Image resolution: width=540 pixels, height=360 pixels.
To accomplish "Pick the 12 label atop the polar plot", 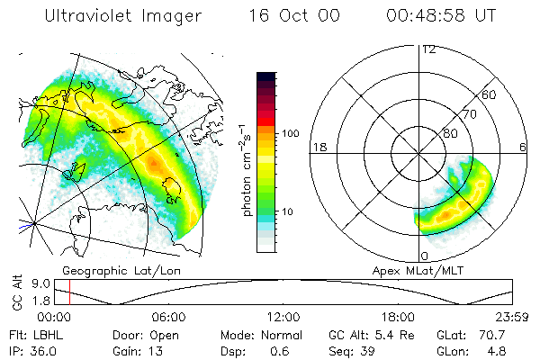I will coord(428,50).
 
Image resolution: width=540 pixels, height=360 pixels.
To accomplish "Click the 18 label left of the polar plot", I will coord(318,147).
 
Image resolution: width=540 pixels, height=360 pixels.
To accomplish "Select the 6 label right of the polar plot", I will coord(523,147).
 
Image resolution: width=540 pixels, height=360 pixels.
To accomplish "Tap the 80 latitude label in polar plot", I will coord(451,134).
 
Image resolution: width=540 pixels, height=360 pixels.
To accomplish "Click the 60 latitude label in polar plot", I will coord(489,94).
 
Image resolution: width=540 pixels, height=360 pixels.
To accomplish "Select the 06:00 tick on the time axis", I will coord(168,317).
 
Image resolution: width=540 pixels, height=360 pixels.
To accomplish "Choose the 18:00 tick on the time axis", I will coord(398,317).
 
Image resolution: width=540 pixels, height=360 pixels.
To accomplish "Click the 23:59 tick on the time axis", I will coord(511,317).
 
